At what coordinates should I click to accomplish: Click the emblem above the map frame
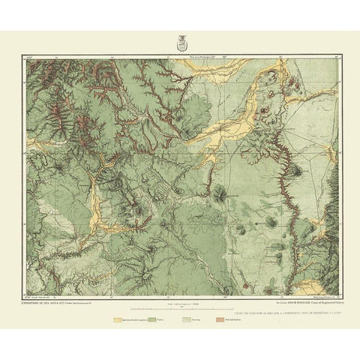(x=180, y=44)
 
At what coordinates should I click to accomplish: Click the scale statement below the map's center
(x=180, y=303)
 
